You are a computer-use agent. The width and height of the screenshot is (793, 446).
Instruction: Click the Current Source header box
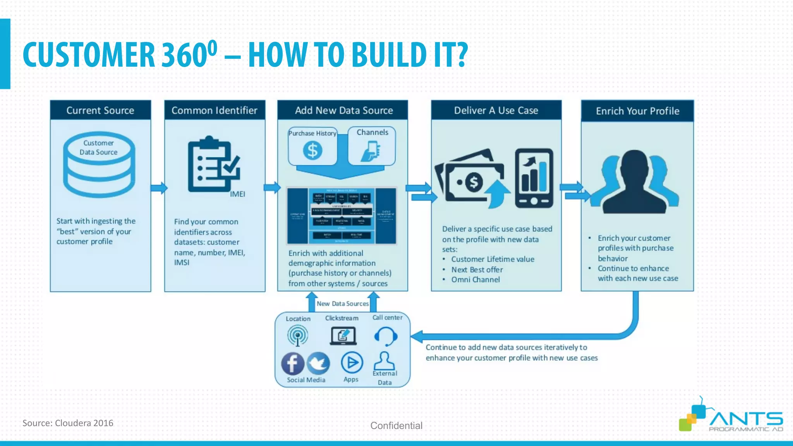point(100,110)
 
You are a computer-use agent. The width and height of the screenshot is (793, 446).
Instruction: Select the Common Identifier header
point(215,110)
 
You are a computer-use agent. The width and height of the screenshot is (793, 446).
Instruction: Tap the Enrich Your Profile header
point(637,111)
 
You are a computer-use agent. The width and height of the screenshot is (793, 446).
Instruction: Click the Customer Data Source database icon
point(99,165)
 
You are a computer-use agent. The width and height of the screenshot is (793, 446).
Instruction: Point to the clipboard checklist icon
point(213,165)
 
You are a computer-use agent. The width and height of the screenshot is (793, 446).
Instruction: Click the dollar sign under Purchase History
point(312,150)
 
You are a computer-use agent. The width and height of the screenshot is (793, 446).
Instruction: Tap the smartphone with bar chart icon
point(534,178)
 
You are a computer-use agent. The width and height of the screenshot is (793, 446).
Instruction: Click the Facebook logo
point(292,364)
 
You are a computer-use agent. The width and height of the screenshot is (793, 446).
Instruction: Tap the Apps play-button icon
point(352,363)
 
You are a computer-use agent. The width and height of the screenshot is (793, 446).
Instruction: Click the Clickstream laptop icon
point(343,336)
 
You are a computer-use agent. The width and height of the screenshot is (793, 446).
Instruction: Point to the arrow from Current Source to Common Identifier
point(159,188)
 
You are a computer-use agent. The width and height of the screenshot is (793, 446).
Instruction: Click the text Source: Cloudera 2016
point(68,423)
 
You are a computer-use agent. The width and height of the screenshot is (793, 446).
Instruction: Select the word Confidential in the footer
point(396,425)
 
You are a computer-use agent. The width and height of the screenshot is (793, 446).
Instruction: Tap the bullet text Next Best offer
point(477,269)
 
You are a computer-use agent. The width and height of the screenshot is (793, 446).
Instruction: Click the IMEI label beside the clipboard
point(237,194)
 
